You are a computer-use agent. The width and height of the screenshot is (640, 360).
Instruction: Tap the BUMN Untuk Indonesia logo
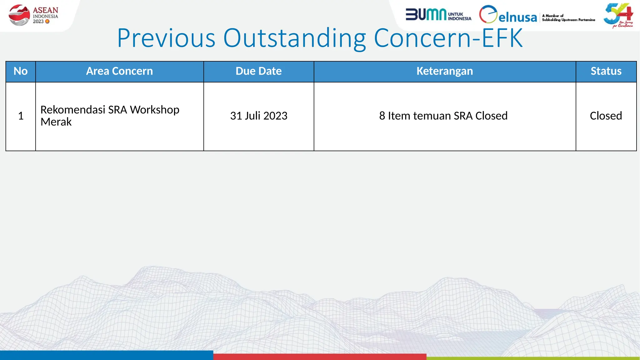pyautogui.click(x=438, y=15)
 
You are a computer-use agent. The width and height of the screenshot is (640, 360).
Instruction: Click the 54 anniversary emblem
pyautogui.click(x=618, y=15)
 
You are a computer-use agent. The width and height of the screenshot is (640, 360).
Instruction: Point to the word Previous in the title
pyautogui.click(x=166, y=38)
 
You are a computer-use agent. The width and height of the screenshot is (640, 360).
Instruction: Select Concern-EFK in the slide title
pyautogui.click(x=448, y=38)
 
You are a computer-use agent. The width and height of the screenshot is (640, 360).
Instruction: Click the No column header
pyautogui.click(x=21, y=71)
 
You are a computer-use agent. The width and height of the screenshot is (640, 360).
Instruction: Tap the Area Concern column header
pyautogui.click(x=119, y=71)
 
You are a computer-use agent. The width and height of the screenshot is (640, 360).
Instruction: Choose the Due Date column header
pyautogui.click(x=258, y=71)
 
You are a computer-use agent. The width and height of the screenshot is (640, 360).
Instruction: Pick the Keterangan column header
pyautogui.click(x=444, y=71)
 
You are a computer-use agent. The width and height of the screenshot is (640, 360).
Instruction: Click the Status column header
pyautogui.click(x=606, y=71)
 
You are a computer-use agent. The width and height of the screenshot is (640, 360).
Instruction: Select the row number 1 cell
pyautogui.click(x=21, y=116)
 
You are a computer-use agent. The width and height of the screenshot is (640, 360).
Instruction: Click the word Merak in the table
pyautogui.click(x=56, y=122)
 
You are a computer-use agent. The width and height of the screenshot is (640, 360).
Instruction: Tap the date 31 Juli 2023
pyautogui.click(x=258, y=116)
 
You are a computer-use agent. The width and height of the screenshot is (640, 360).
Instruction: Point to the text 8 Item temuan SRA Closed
pyautogui.click(x=443, y=116)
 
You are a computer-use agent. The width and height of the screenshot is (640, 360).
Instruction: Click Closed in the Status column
pyautogui.click(x=606, y=116)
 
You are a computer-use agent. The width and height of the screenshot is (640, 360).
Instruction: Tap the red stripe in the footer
pyautogui.click(x=319, y=357)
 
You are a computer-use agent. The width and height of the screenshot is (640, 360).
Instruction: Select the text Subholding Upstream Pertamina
pyautogui.click(x=568, y=20)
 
